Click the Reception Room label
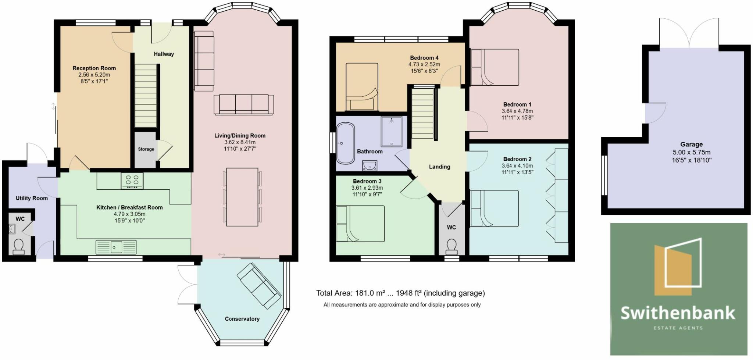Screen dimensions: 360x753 [94, 68]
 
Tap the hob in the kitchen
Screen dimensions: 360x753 [132, 181]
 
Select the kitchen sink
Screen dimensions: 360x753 [116, 247]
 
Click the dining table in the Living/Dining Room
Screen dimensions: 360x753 [242, 197]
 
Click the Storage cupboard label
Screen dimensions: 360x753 [146, 149]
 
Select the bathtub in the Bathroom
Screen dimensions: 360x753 [346, 143]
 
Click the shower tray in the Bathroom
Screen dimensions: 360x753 [392, 132]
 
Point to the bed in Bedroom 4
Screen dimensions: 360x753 [362, 87]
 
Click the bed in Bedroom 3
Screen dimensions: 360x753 [360, 224]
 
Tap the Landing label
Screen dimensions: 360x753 [439, 167]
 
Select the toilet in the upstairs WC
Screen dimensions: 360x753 [452, 247]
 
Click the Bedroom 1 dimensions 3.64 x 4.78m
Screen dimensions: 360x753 [517, 111]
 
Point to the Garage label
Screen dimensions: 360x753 [691, 145]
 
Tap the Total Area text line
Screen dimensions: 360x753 [400, 293]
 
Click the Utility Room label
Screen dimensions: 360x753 [32, 198]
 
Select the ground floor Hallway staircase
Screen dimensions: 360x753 [146, 96]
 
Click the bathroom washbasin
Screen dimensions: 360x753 [370, 166]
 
